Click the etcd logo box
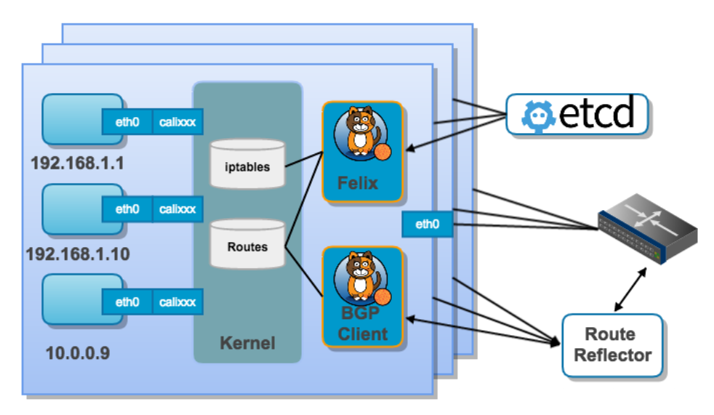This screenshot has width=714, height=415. (577, 115)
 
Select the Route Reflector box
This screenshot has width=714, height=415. (611, 345)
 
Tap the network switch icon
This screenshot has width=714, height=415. (646, 228)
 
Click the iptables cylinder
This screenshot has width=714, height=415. (248, 166)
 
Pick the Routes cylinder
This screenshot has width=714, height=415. (248, 246)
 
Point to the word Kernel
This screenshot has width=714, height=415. (248, 342)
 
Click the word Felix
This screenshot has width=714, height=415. (358, 182)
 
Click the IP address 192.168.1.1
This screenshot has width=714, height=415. (77, 163)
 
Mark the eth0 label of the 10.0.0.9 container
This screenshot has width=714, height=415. (127, 302)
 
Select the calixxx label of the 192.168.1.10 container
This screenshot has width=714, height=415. (177, 209)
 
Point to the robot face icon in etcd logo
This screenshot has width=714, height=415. (539, 115)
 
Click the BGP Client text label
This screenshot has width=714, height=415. (363, 325)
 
